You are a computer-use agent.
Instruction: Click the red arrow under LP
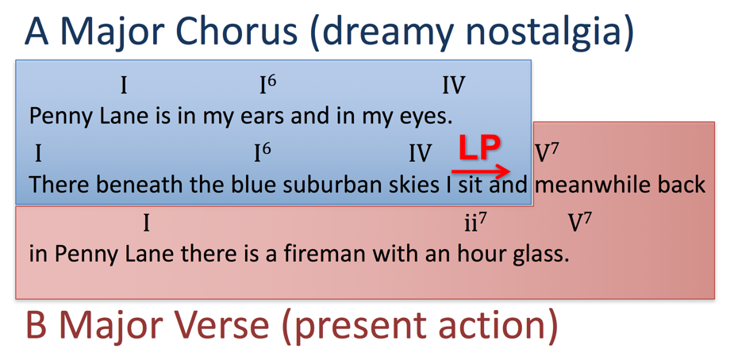[482, 171]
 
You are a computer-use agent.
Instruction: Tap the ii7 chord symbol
[475, 224]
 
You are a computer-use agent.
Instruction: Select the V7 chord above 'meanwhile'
[547, 154]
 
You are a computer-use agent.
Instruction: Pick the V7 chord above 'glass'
[580, 224]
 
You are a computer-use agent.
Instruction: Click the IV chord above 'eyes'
[453, 85]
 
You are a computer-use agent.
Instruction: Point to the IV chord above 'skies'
[420, 154]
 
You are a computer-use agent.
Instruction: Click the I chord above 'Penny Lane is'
[124, 85]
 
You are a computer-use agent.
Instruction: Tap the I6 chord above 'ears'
[268, 85]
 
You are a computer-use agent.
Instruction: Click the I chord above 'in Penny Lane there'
[146, 224]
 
